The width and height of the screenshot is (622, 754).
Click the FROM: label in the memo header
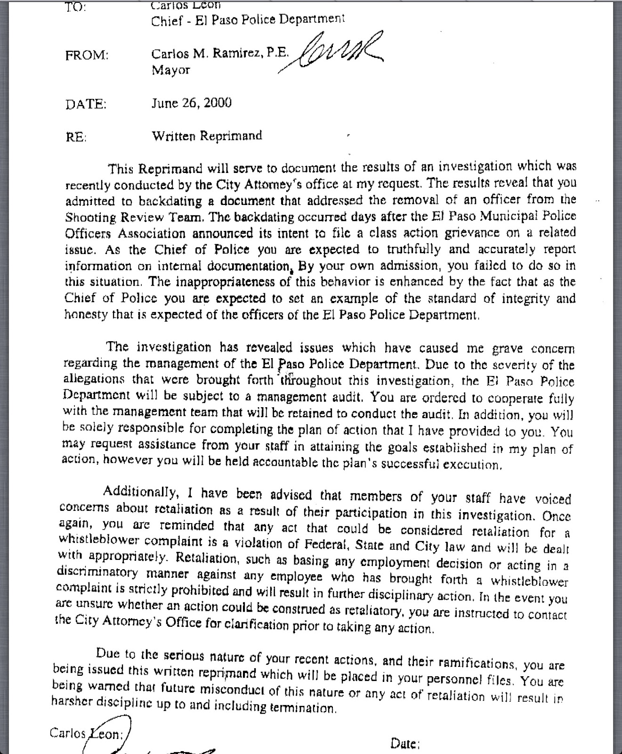(x=87, y=55)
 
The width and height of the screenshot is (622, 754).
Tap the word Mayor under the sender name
(x=170, y=70)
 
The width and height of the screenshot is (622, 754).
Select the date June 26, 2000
(x=191, y=103)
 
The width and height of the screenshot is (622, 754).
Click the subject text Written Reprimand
(x=206, y=136)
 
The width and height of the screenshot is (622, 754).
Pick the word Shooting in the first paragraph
(x=90, y=217)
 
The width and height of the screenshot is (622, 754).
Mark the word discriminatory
(x=97, y=573)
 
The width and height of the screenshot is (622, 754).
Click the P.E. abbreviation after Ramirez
(x=277, y=53)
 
